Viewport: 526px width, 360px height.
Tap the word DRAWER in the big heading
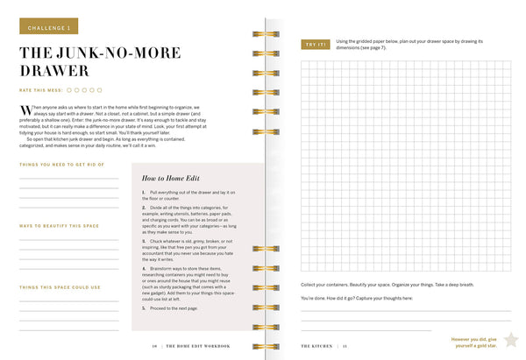[x=54, y=70]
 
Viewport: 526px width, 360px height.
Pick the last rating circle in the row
[x=100, y=89]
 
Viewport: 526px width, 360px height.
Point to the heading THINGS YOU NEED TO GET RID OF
[x=61, y=165]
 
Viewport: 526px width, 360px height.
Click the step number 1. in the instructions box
[x=143, y=192]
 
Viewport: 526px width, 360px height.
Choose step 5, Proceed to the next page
[x=175, y=309]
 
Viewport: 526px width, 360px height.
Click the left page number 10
[x=153, y=346]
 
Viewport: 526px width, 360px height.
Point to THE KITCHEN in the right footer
[x=316, y=346]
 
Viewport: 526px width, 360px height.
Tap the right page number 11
[x=345, y=346]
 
